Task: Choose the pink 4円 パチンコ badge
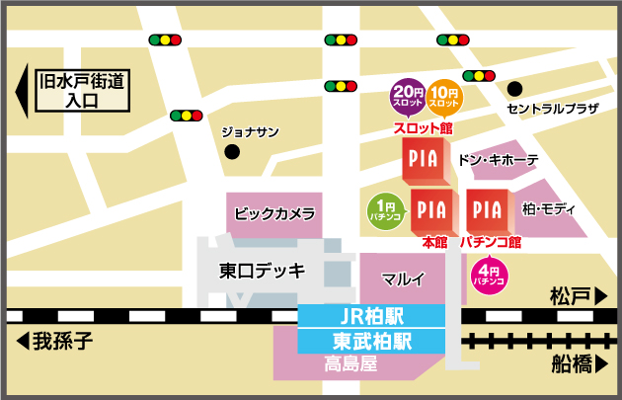click(x=489, y=275)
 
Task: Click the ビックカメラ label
click(x=274, y=212)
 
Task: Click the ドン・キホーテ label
click(x=499, y=159)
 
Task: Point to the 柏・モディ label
click(x=549, y=209)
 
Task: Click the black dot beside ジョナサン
click(x=232, y=152)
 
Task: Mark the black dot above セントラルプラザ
click(x=514, y=87)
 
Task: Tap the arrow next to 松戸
click(x=601, y=295)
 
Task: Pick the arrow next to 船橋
click(x=601, y=365)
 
